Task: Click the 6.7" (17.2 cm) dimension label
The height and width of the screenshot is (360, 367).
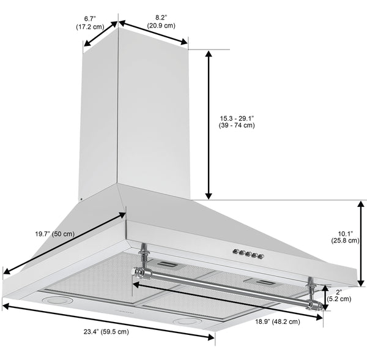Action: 90,23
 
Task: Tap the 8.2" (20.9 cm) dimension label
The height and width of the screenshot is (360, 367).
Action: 161,21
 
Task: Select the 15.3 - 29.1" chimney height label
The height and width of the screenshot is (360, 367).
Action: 237,121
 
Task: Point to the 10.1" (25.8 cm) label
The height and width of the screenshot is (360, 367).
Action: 345,237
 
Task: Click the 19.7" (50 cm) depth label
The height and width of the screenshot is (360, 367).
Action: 55,234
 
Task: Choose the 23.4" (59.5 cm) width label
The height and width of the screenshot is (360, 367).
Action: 106,332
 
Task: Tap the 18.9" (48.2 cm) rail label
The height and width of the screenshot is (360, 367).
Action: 277,322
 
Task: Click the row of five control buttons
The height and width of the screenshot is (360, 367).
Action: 248,253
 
